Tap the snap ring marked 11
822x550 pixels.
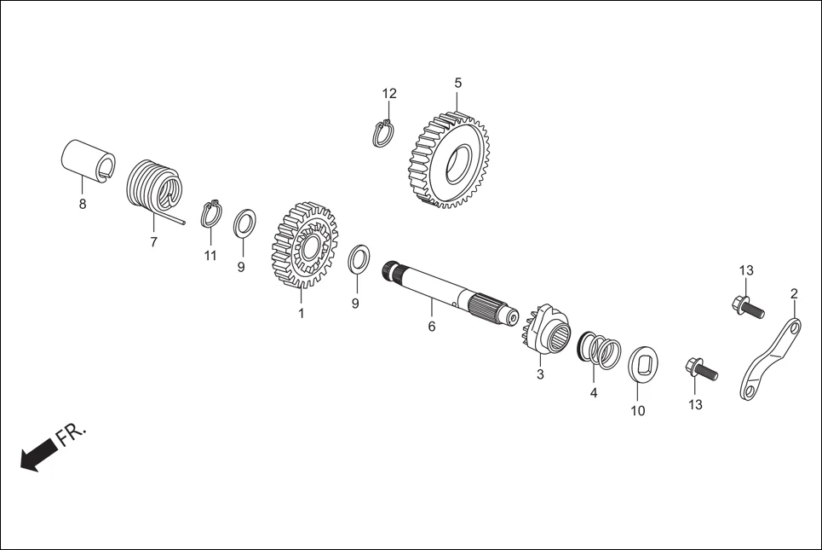(211, 214)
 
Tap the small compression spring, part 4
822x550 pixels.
(600, 350)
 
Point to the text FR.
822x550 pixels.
(72, 434)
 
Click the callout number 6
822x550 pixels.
(431, 327)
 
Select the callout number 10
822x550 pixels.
(637, 411)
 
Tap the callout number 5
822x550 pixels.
(457, 83)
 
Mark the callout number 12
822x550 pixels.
(389, 93)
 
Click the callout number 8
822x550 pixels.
(83, 205)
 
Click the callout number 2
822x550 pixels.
(794, 294)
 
